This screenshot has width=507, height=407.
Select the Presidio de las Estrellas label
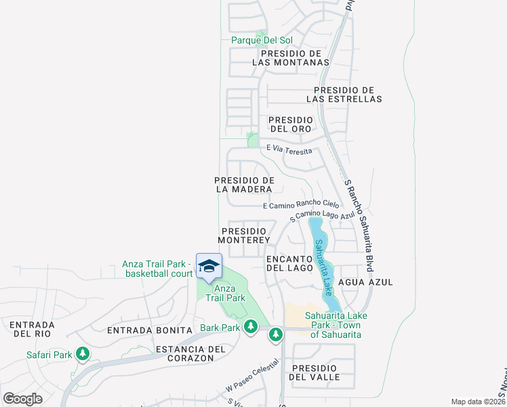(344, 94)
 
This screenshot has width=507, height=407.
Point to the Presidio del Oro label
(291, 124)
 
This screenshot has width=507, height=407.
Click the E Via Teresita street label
(289, 149)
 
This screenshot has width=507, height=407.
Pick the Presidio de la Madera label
(244, 185)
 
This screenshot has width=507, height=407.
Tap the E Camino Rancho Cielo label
(300, 205)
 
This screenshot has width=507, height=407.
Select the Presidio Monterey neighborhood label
(245, 235)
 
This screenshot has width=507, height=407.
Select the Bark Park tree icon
(251, 328)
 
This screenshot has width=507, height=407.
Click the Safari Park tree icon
(83, 354)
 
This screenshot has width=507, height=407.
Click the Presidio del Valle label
(313, 372)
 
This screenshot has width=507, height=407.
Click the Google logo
(23, 399)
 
